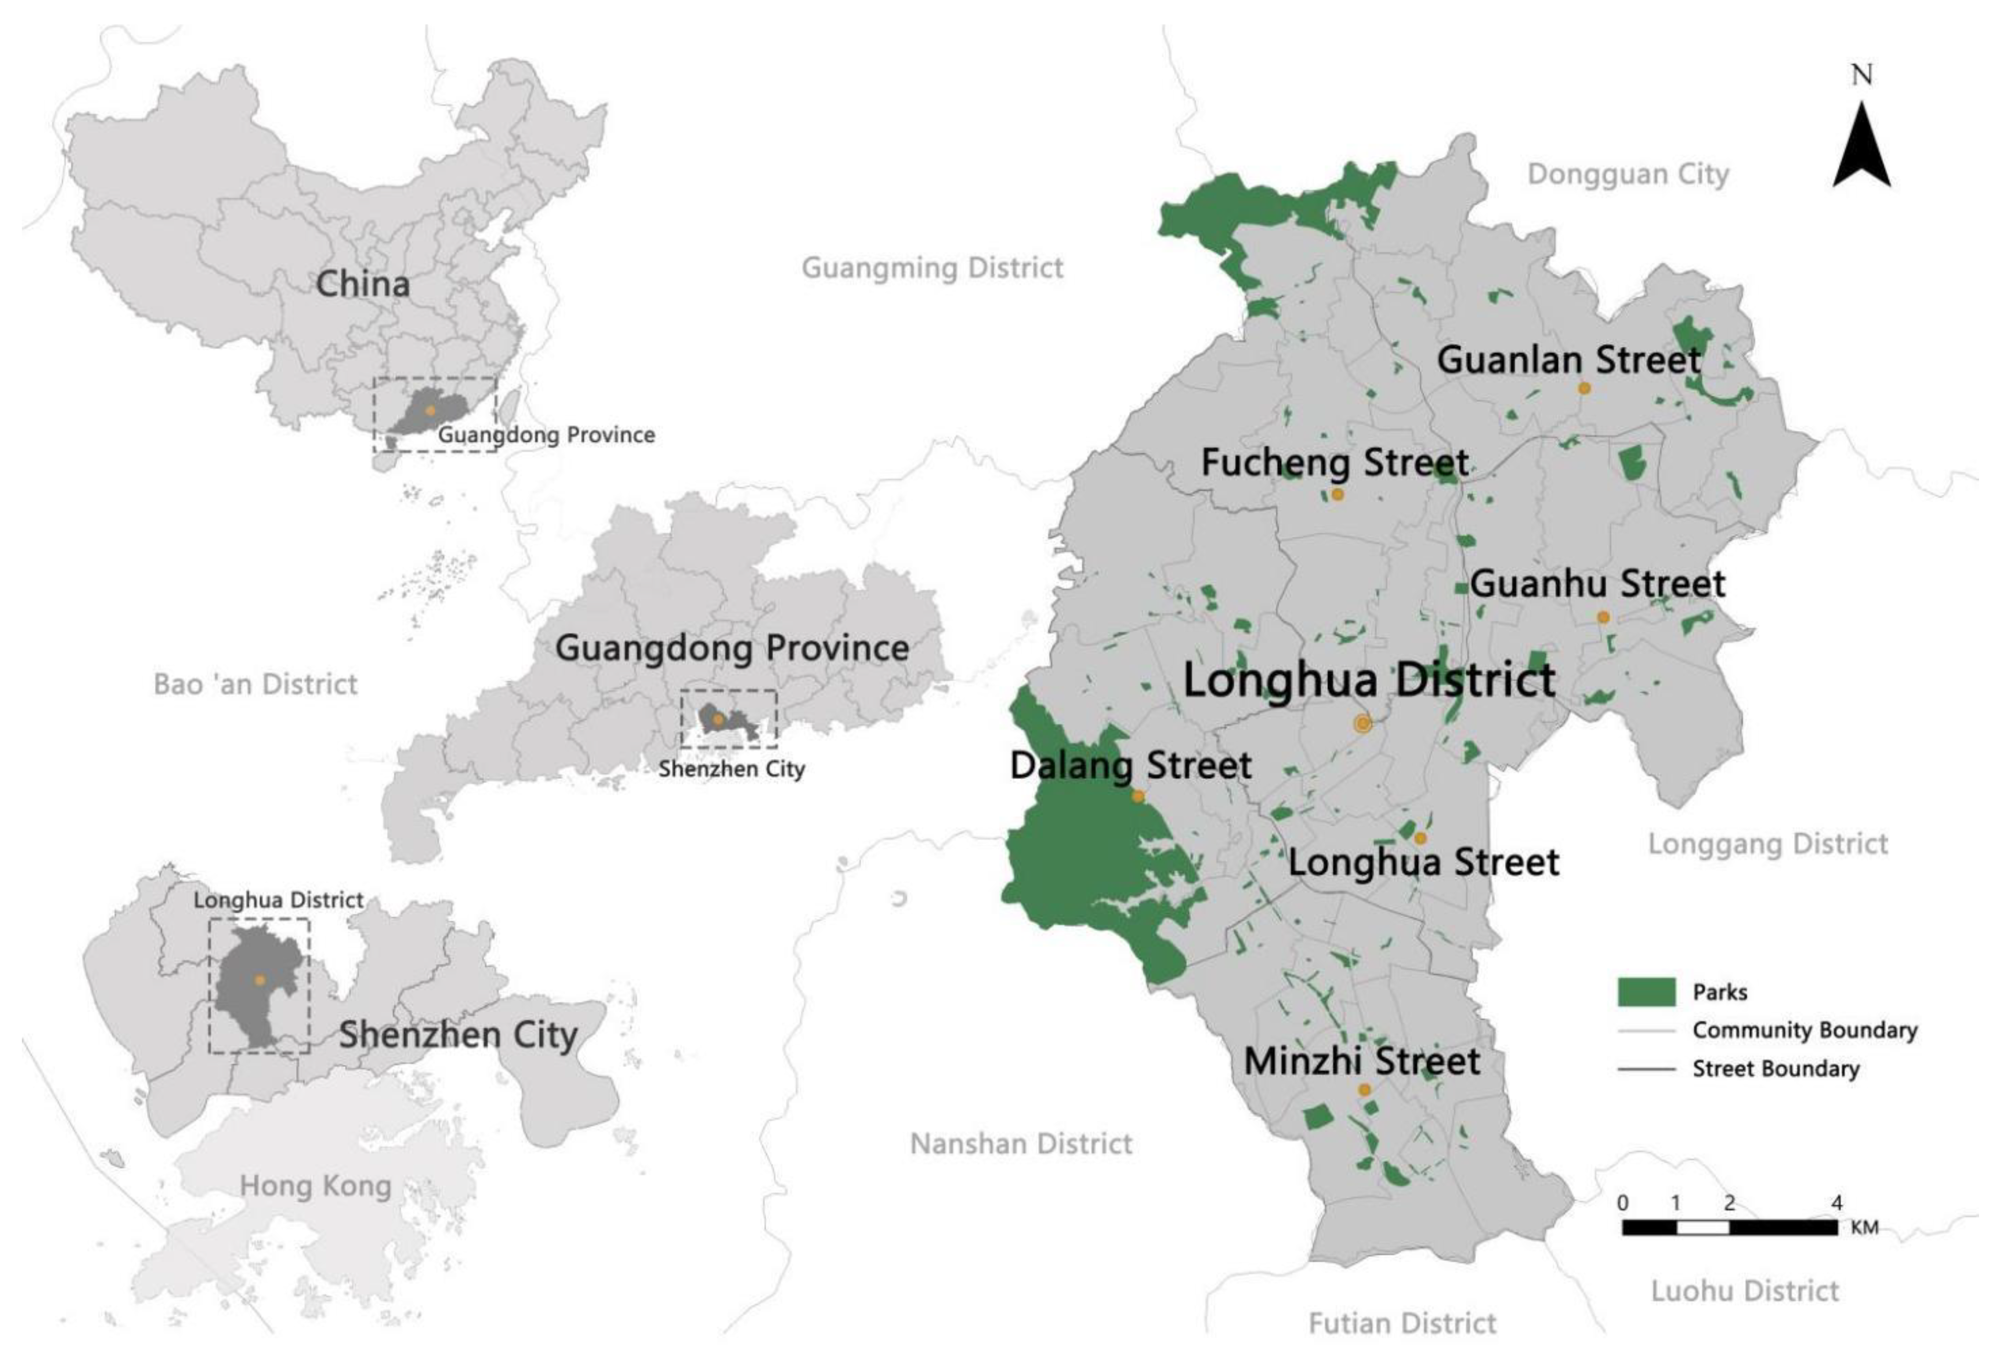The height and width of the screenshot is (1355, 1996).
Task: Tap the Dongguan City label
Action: coord(1628,174)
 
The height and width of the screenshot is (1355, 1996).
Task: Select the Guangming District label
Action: coord(932,268)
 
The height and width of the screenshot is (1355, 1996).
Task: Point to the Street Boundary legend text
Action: coord(1775,1069)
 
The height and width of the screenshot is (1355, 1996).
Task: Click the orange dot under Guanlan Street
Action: coord(1584,388)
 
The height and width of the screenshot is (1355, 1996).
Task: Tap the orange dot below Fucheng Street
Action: coord(1337,494)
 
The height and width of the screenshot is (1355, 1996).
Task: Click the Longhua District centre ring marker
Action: coord(1362,724)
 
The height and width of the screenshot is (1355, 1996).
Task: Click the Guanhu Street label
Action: coord(1597,584)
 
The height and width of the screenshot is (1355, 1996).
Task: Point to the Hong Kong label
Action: coord(315,1186)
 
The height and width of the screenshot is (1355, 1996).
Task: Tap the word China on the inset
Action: coord(362,284)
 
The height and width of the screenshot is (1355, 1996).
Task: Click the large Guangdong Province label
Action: coord(732,648)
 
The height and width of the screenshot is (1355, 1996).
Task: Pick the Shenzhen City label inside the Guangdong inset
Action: coord(732,769)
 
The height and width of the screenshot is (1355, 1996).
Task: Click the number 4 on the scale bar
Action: coord(1836,1203)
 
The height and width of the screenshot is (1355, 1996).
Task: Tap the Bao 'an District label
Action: coord(255,684)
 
